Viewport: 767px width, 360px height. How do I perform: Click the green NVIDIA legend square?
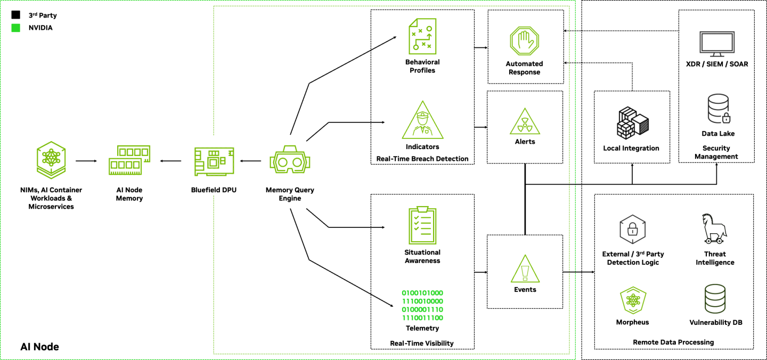click(16, 28)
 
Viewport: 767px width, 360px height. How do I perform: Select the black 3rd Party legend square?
click(16, 15)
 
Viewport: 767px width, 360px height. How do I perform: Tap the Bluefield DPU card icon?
click(214, 160)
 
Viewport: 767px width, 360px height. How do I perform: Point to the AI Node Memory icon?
click(129, 160)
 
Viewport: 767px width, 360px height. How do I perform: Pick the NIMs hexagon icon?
click(51, 160)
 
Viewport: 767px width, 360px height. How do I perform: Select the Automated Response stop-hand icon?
click(525, 42)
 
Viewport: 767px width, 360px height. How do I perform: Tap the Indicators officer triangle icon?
click(422, 121)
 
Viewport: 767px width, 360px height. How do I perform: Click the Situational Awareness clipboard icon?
click(422, 225)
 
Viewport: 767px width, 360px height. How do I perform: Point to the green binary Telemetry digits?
click(422, 305)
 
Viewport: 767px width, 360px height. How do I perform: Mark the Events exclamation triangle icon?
click(525, 268)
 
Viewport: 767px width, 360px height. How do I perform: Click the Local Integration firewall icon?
click(632, 122)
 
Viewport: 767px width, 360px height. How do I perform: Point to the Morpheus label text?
click(632, 322)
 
